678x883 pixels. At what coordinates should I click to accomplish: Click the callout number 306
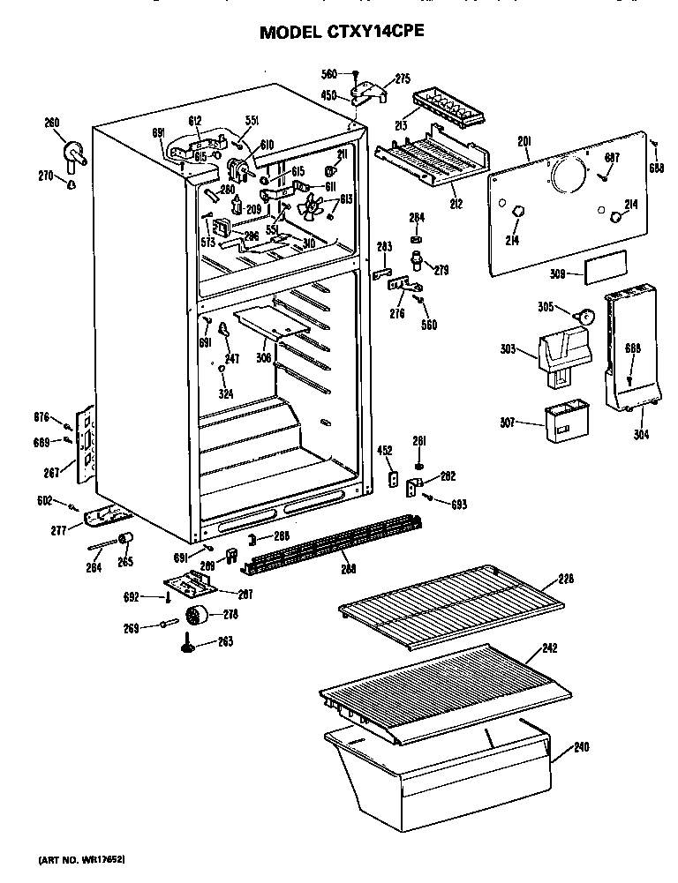264,357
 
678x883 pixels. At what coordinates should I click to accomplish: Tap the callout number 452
385,451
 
